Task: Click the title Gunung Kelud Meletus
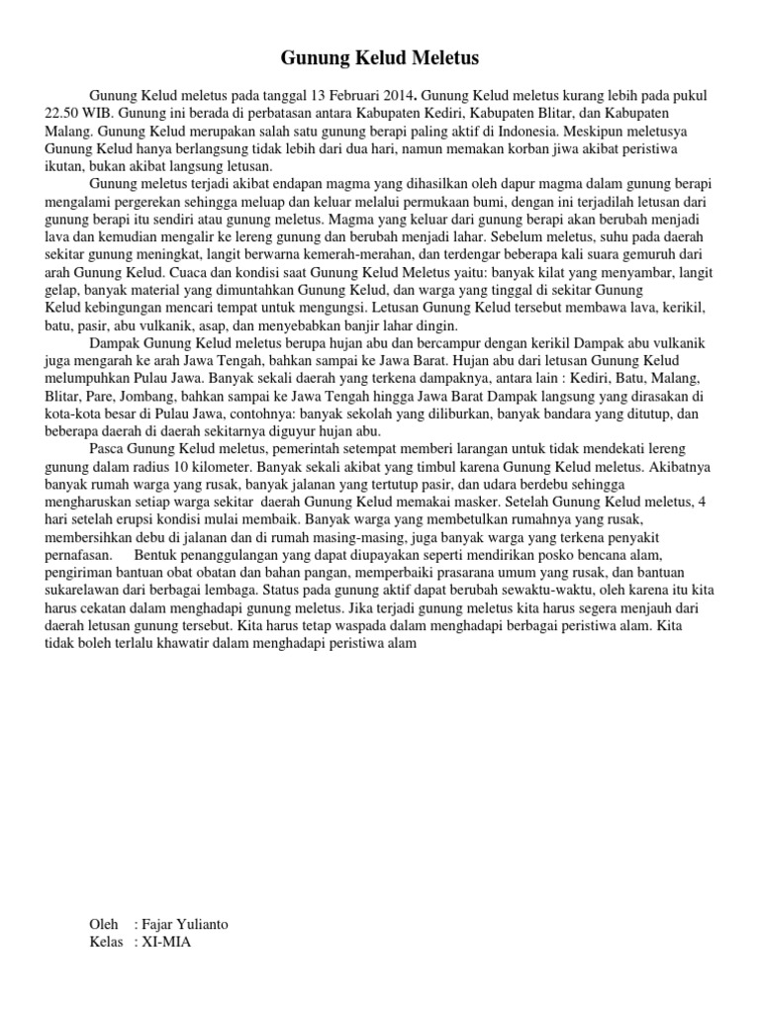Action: (380, 59)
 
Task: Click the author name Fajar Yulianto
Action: (185, 924)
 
